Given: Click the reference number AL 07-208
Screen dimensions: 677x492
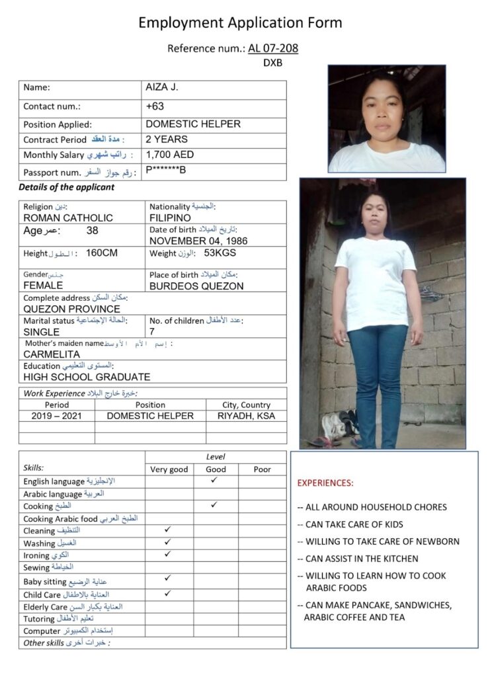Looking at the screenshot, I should point(273,48).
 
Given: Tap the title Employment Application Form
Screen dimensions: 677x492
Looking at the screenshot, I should point(240,23).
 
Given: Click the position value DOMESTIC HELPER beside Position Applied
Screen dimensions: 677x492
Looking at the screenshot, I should point(192,124).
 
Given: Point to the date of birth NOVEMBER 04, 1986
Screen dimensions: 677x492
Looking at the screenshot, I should point(198,241).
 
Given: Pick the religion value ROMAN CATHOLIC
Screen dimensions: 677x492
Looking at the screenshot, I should point(68,218).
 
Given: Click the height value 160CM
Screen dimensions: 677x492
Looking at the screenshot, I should point(101,253).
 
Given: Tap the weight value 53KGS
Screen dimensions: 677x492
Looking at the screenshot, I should point(220,253).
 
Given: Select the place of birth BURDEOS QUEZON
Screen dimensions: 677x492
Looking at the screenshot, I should point(196,286).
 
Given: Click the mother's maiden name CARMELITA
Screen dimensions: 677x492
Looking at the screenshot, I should point(52,354).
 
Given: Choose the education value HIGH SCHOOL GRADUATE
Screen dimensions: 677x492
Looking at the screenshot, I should point(87,377).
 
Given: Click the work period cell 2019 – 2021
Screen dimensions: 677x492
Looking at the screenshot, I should point(56,416).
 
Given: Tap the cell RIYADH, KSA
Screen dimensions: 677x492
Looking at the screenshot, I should point(246,416).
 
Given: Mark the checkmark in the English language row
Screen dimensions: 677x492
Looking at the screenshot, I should point(214,481).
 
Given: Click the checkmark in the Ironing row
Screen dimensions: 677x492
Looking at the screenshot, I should point(168,554).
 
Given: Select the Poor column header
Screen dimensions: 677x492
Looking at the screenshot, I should point(263,469).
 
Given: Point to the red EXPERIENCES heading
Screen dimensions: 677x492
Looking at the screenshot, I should point(325,483).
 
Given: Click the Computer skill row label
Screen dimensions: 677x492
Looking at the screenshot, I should point(42,631).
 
